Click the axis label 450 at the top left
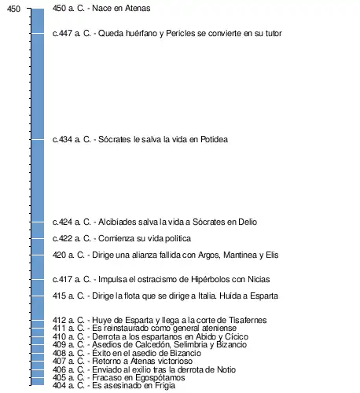tap(13, 9)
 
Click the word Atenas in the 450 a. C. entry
tap(138, 8)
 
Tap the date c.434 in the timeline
tap(62, 139)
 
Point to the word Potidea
tap(214, 139)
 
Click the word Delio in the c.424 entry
tap(248, 222)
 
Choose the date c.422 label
tap(62, 238)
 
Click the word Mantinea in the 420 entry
tap(240, 255)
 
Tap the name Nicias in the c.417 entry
tap(259, 279)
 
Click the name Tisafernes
tap(248, 320)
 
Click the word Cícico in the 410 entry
tap(237, 336)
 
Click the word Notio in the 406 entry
tap(226, 369)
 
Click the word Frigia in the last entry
tap(165, 385)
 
